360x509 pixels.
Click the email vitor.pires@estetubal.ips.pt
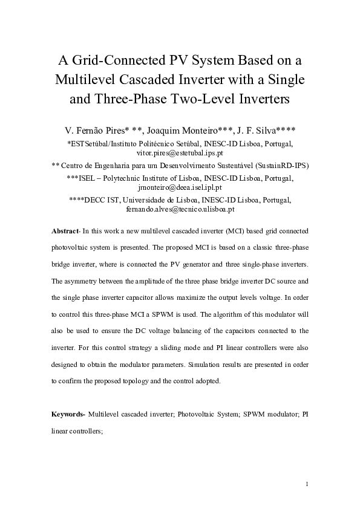(x=180, y=154)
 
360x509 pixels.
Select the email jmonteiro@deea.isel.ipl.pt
(x=180, y=188)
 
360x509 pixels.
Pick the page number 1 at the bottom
(x=307, y=484)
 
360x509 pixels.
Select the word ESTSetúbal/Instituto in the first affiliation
(x=105, y=144)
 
